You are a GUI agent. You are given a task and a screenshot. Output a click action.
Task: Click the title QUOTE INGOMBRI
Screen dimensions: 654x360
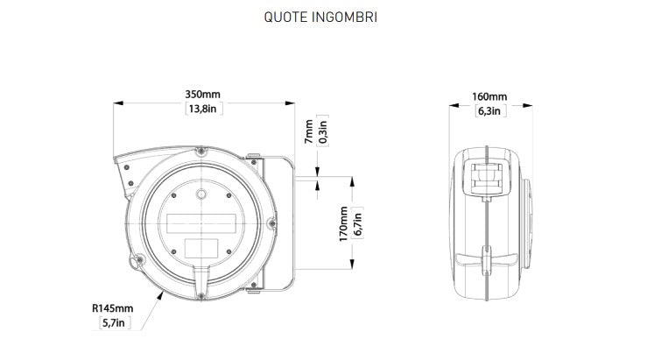click(x=320, y=18)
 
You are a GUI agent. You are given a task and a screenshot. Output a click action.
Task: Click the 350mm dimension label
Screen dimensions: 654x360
click(x=203, y=95)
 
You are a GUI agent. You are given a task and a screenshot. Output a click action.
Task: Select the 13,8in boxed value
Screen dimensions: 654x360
click(x=203, y=109)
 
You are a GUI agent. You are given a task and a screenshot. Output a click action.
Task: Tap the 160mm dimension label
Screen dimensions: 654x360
click(x=489, y=96)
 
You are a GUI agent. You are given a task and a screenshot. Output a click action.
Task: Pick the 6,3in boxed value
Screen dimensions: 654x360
click(x=489, y=111)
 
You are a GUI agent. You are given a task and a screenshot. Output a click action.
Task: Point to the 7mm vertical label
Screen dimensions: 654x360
click(x=309, y=131)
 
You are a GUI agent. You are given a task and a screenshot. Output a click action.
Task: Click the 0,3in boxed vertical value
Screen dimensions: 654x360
click(x=323, y=131)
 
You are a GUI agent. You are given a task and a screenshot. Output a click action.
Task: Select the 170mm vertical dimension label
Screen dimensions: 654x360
click(x=343, y=223)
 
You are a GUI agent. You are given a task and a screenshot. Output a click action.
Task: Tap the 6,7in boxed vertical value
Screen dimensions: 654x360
click(x=357, y=223)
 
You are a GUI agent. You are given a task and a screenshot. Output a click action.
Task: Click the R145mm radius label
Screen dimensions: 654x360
click(x=113, y=308)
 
